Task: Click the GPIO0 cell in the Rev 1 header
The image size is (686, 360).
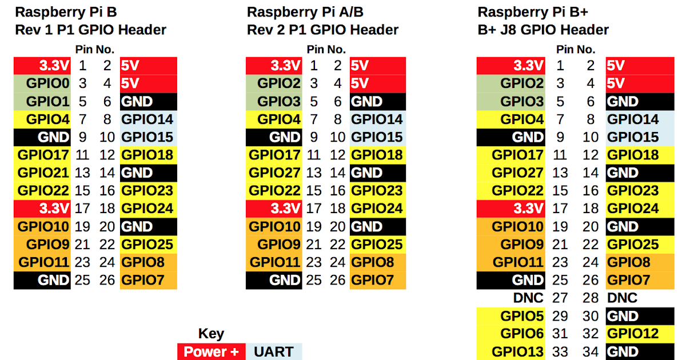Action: (43, 84)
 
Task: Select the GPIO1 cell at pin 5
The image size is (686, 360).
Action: (43, 102)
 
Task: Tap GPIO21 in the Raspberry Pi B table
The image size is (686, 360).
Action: (43, 173)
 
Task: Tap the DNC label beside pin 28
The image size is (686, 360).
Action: (623, 298)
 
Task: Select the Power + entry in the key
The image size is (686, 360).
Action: (211, 351)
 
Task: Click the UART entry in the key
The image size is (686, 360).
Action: (274, 351)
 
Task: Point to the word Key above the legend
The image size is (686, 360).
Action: (211, 334)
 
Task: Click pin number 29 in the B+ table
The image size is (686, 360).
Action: (560, 316)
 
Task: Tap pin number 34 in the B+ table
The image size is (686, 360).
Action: (591, 351)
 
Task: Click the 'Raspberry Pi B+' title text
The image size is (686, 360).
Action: (526, 12)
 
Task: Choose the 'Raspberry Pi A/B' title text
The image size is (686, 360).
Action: (305, 12)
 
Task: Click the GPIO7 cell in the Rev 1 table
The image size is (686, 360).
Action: (148, 280)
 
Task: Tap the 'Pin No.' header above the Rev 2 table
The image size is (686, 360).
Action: (326, 49)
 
